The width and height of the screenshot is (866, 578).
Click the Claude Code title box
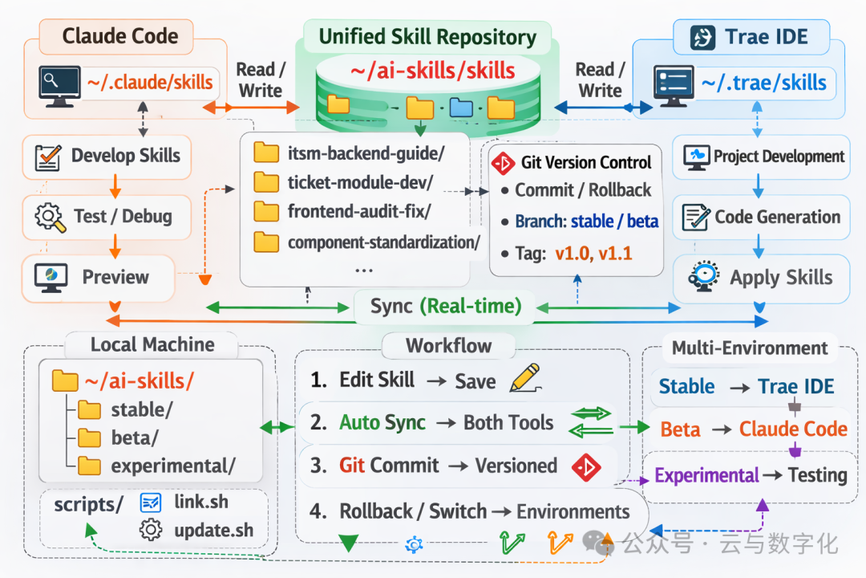tap(120, 36)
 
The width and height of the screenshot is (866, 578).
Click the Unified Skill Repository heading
tap(427, 37)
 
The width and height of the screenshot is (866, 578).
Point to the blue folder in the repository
tap(461, 107)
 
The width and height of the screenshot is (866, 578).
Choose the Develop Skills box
tap(108, 156)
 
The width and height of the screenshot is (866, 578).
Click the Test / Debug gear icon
tap(50, 217)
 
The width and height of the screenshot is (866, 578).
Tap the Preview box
tap(98, 278)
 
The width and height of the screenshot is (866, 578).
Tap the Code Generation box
tap(760, 217)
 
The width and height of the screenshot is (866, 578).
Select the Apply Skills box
tap(760, 278)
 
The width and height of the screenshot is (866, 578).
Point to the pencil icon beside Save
tap(524, 378)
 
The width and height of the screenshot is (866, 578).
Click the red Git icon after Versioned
tap(586, 466)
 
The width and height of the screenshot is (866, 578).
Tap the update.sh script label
tap(213, 530)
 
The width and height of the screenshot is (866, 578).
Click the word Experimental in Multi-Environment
tap(706, 475)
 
